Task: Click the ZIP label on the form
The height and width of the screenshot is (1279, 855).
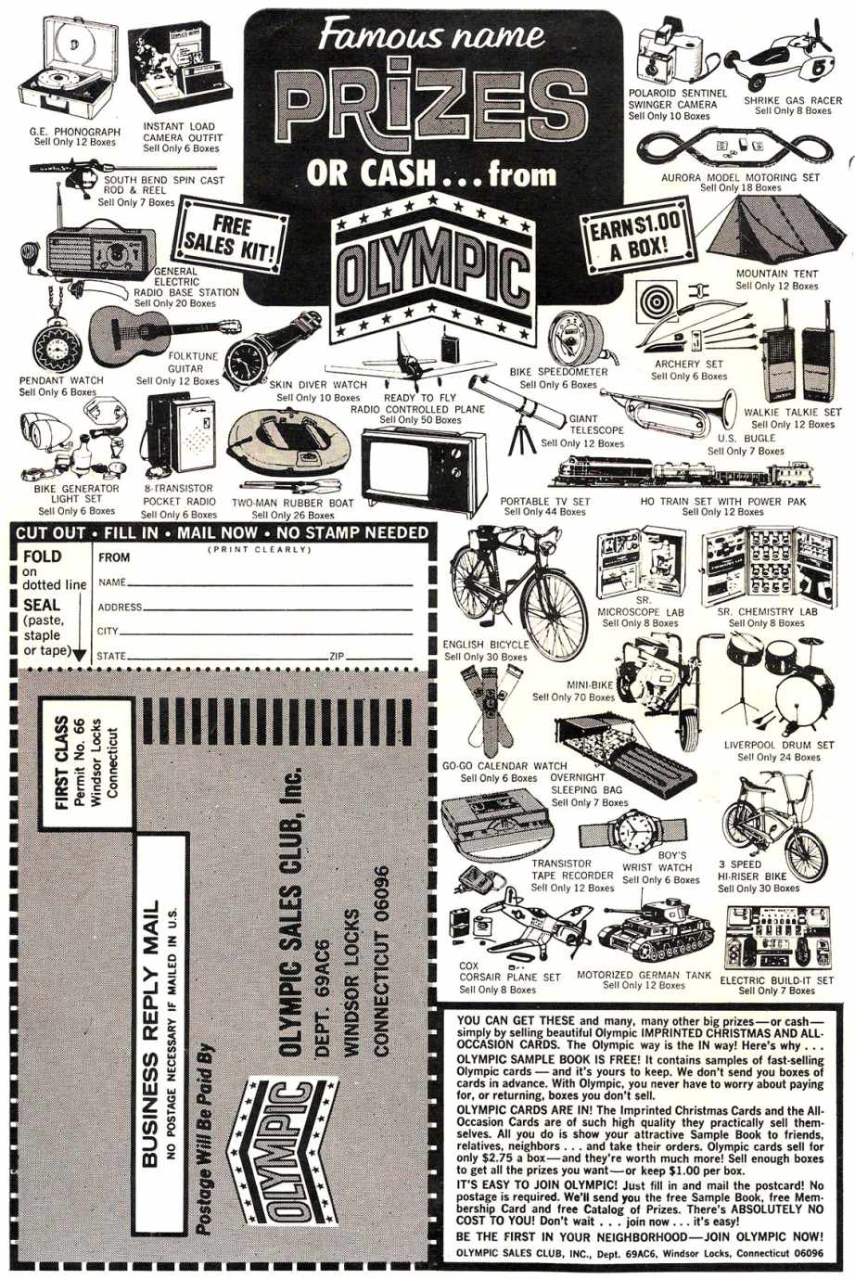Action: point(337,656)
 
